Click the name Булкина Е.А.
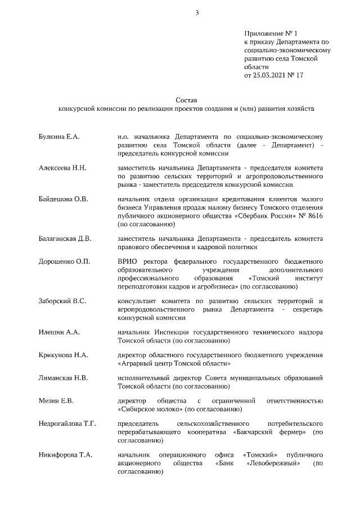pyautogui.click(x=59, y=137)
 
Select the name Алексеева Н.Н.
pyautogui.click(x=62, y=168)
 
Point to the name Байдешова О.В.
pyautogui.click(x=63, y=199)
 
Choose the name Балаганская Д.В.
pyautogui.click(x=65, y=238)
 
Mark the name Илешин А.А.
pyautogui.click(x=59, y=332)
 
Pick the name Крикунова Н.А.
pyautogui.click(x=62, y=355)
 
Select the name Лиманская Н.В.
pyautogui.click(x=63, y=379)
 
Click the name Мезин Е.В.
pyautogui.click(x=57, y=401)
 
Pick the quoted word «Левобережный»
pyautogui.click(x=272, y=463)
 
